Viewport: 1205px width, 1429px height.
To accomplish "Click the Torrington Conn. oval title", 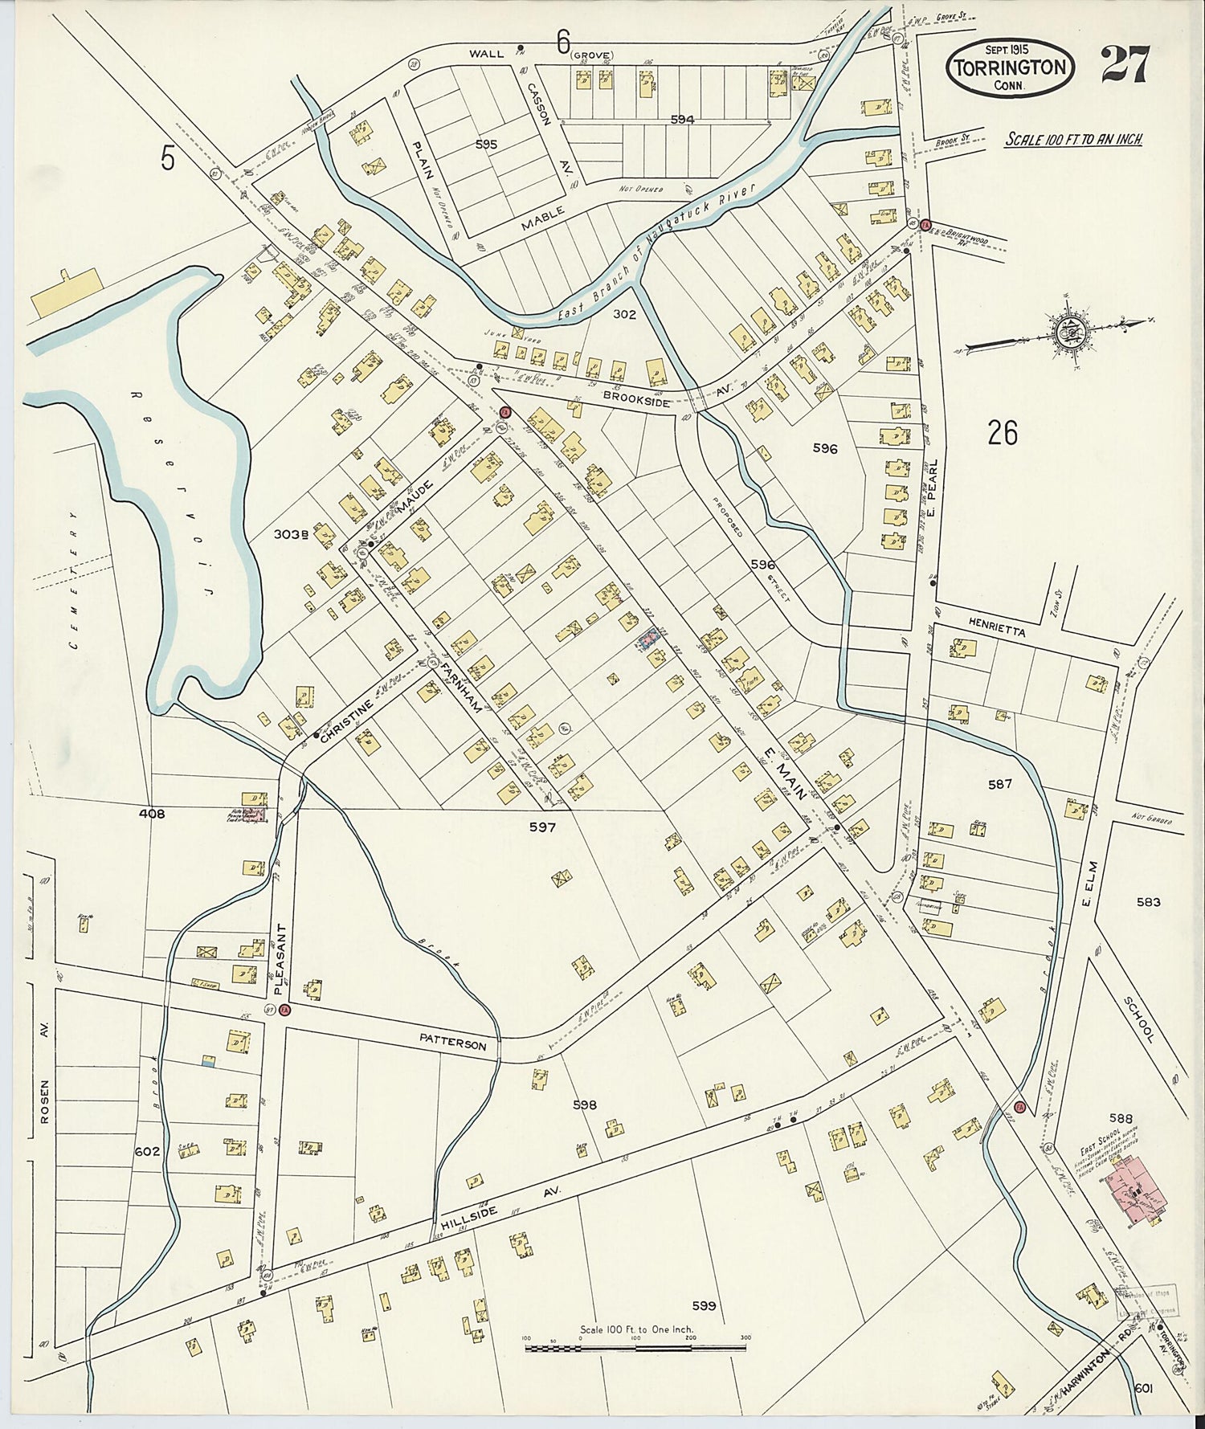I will pyautogui.click(x=1011, y=67).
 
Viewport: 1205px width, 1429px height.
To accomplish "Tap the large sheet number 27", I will pyautogui.click(x=1125, y=64).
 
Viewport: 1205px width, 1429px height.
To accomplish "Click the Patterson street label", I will pyautogui.click(x=452, y=1041).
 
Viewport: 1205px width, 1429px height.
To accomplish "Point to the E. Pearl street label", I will pyautogui.click(x=933, y=491).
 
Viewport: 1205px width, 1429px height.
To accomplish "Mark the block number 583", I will pyautogui.click(x=1148, y=902).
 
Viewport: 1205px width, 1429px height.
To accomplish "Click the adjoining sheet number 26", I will pyautogui.click(x=1003, y=433).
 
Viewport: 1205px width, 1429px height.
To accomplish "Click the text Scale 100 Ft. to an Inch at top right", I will pyautogui.click(x=1074, y=140).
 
